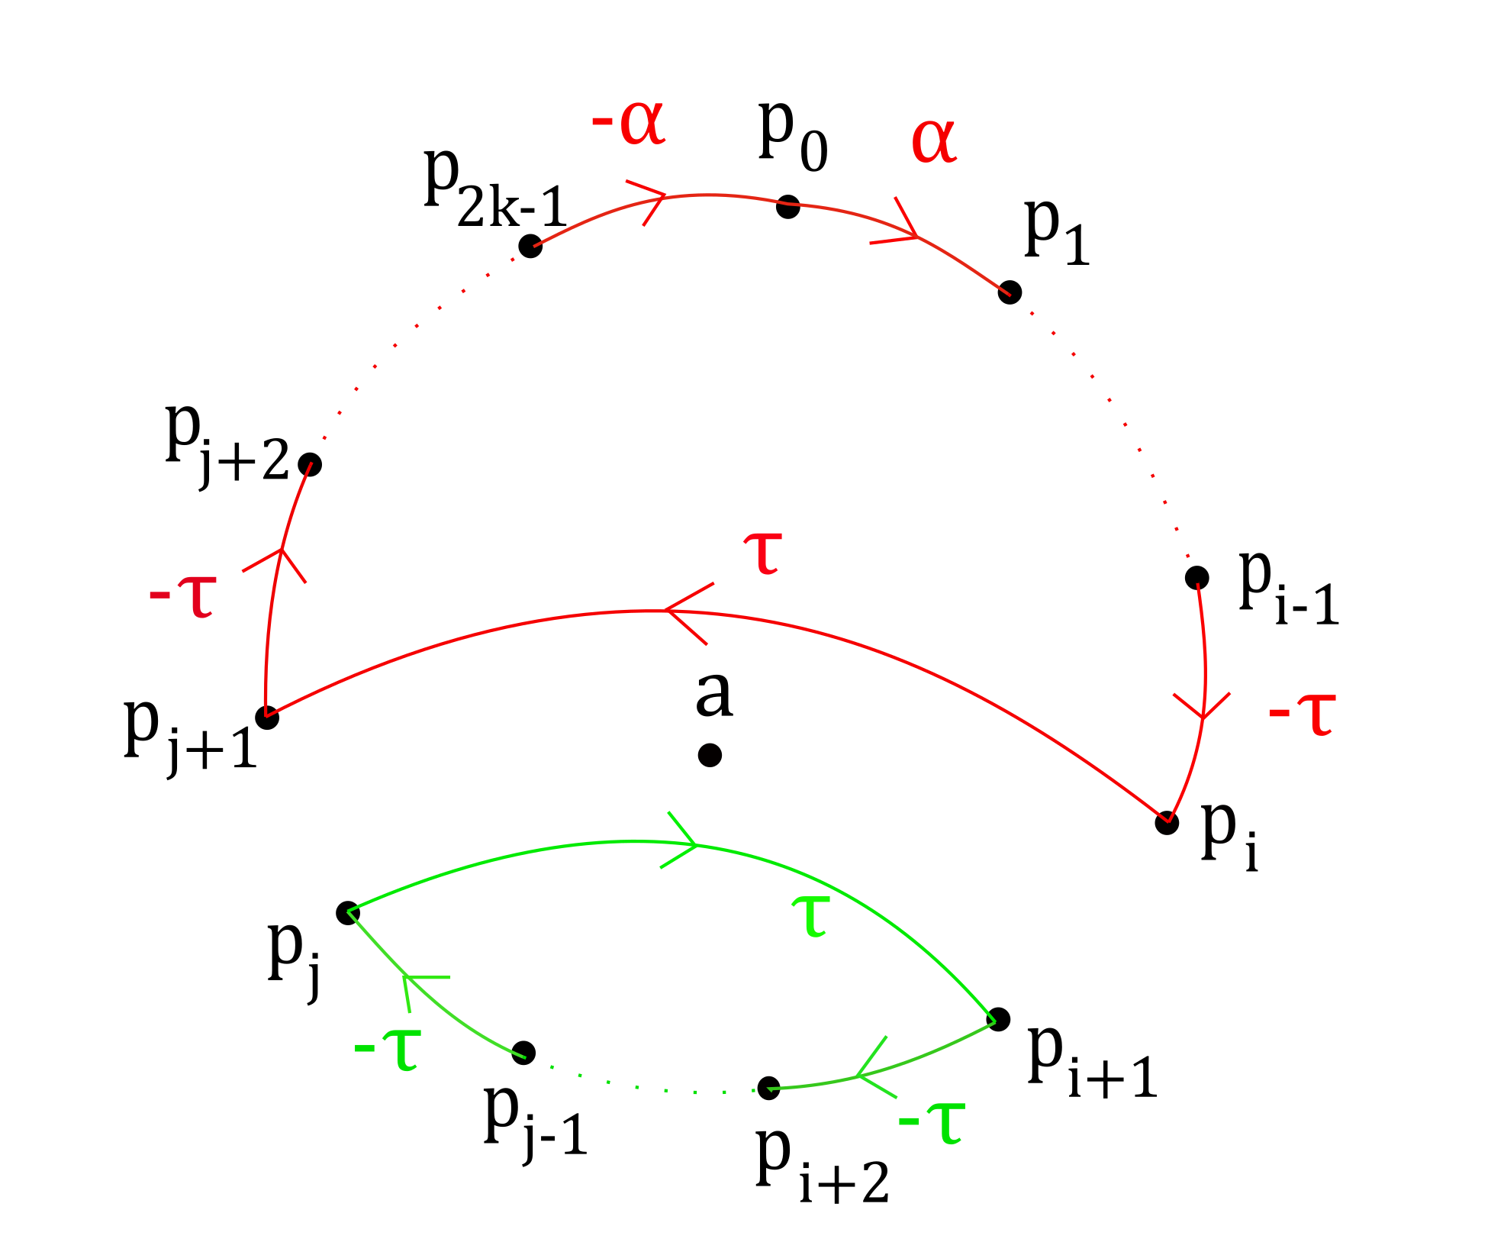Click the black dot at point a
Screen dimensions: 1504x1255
coord(710,755)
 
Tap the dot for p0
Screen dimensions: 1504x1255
coord(788,206)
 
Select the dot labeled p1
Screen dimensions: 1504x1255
coord(1010,292)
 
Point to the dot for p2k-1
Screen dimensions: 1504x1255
coord(530,246)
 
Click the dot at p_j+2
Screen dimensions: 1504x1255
coord(310,464)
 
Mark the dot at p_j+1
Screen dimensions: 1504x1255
coord(267,717)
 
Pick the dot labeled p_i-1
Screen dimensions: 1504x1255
coord(1196,578)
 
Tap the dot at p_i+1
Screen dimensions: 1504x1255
coord(998,1019)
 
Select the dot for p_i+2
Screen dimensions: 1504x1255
coord(768,1088)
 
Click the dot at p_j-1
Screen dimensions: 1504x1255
coord(523,1053)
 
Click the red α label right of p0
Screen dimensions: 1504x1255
coord(934,141)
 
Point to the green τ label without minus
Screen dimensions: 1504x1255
coord(810,915)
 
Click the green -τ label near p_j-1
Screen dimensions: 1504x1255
coord(388,1049)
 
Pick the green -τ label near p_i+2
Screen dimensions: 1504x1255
coord(932,1122)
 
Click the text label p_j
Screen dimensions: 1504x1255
coord(294,958)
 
